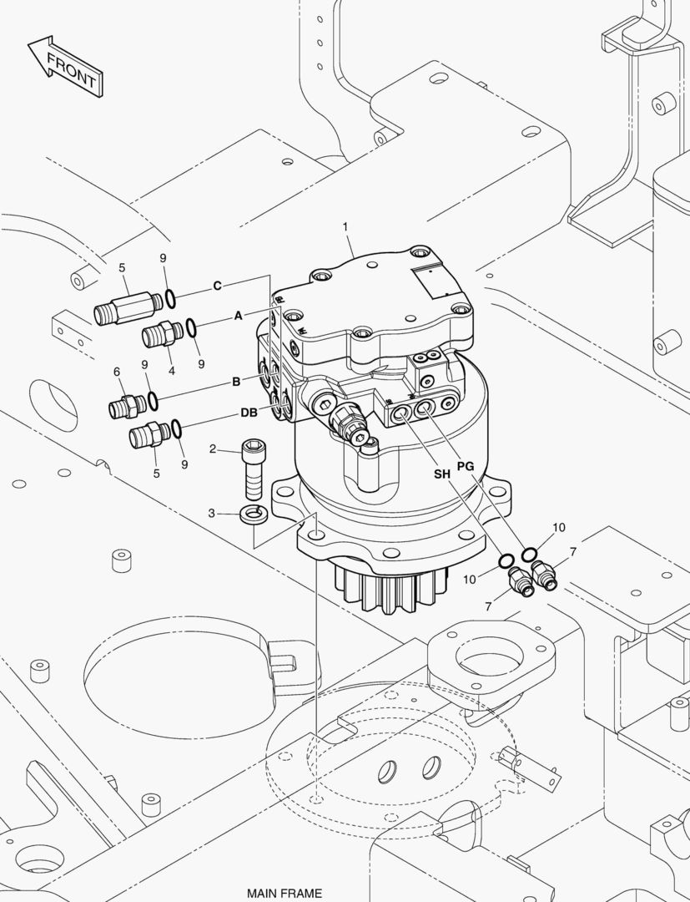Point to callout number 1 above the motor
tap(345, 226)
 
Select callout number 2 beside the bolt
tap(213, 449)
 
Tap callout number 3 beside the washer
tap(212, 513)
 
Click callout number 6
tap(117, 372)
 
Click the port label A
tap(238, 316)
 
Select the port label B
tap(236, 382)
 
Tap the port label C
tap(217, 286)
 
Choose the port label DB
tap(249, 413)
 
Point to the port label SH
tap(441, 474)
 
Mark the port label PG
tap(466, 466)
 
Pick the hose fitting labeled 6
tap(125, 407)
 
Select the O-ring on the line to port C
tap(169, 298)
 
